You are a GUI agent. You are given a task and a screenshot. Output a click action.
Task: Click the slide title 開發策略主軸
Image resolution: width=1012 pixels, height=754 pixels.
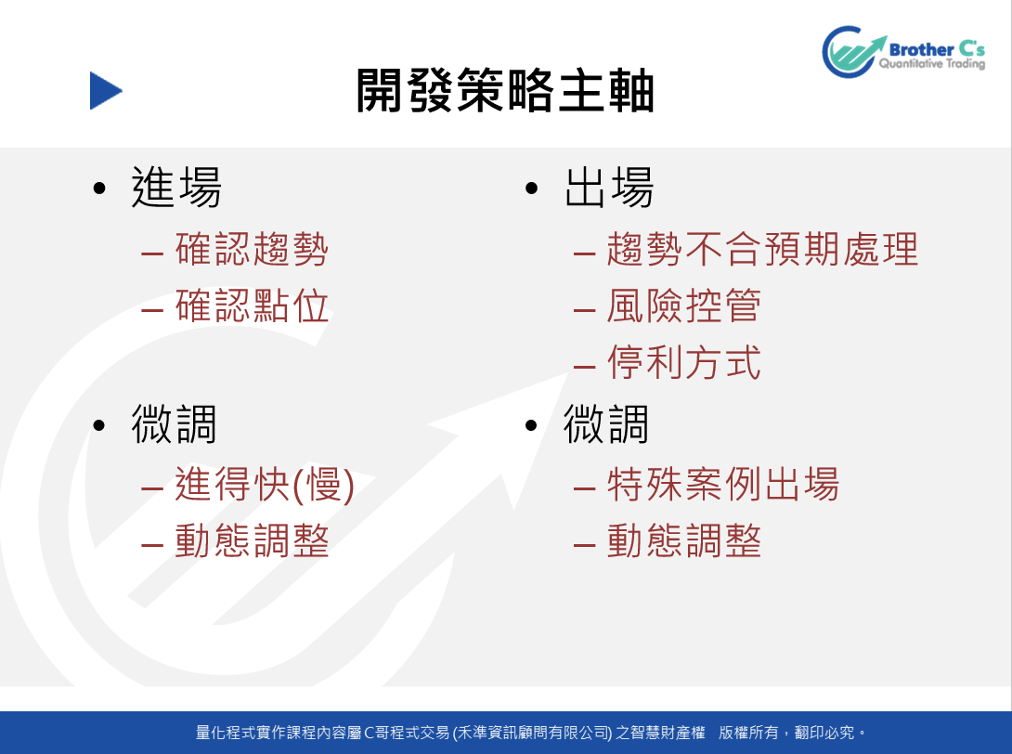click(505, 90)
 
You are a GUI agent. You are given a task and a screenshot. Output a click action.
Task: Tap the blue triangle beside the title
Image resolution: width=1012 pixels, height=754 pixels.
click(106, 90)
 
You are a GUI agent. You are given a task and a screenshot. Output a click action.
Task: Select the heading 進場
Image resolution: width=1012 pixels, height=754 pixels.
click(176, 188)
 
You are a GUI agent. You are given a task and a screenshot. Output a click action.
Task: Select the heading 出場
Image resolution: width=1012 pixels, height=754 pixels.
click(609, 188)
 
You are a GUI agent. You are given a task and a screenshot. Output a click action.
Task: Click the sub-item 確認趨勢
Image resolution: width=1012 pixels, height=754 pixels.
click(252, 249)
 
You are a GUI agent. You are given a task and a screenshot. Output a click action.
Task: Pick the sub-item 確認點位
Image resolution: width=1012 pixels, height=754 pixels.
click(252, 305)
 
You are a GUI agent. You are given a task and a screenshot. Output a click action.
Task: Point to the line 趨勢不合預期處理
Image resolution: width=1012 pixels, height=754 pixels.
click(762, 249)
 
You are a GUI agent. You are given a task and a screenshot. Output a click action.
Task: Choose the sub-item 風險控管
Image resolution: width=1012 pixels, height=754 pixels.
click(684, 305)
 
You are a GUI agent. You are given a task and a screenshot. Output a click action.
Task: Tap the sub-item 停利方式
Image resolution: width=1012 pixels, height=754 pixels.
click(684, 361)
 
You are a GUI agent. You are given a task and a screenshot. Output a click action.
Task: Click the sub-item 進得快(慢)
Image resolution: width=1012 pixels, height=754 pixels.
click(265, 484)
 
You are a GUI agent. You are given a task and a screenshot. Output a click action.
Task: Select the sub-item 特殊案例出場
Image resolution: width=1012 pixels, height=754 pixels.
click(723, 484)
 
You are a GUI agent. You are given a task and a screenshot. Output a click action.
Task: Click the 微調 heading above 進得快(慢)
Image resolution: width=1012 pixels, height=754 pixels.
click(174, 424)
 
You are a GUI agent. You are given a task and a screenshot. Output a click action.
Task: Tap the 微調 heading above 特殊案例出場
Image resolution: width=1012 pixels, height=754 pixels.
click(606, 424)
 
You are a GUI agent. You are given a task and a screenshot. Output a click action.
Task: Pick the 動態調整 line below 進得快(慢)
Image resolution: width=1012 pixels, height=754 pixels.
click(252, 540)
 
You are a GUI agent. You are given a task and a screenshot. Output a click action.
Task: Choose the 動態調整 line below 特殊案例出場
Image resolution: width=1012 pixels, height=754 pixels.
click(684, 540)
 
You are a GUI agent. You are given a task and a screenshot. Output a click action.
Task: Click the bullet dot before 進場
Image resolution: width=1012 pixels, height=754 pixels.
click(98, 188)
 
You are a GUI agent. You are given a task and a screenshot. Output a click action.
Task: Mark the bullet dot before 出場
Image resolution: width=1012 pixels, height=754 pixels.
click(531, 188)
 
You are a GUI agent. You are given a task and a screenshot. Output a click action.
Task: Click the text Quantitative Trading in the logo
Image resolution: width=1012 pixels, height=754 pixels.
click(931, 64)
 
